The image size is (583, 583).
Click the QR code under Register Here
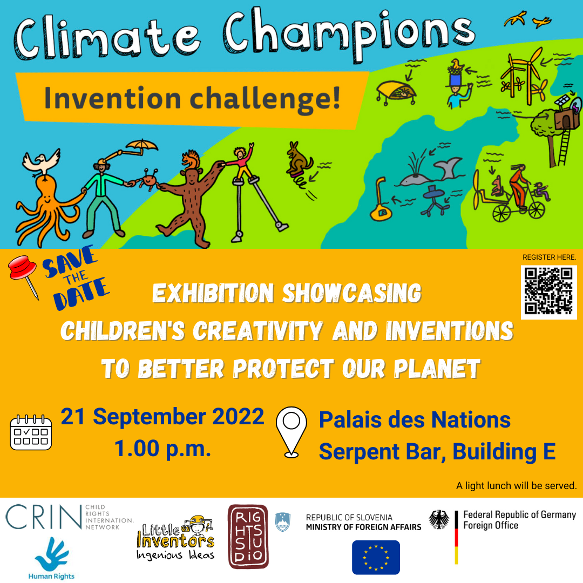tap(548, 290)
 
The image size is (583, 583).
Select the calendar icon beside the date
tap(31, 432)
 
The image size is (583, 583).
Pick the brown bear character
tap(186, 200)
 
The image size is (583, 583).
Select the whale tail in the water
tap(448, 168)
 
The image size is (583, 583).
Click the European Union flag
tap(376, 557)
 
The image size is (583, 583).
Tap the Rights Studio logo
tap(248, 537)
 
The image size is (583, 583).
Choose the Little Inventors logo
tap(176, 540)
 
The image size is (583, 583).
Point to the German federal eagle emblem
tap(439, 520)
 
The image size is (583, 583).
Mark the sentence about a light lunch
tap(516, 486)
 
